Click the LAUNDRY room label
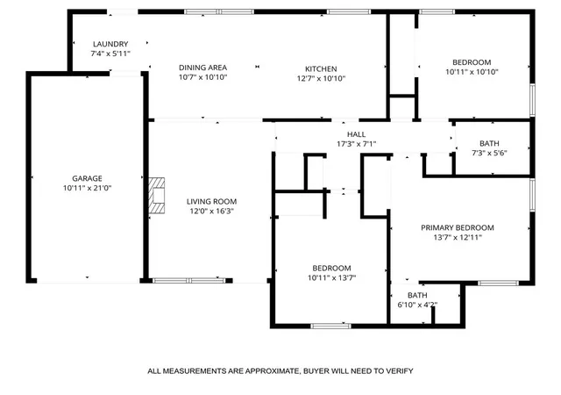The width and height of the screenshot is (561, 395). (x=110, y=44)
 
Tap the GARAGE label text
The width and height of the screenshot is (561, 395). (x=88, y=178)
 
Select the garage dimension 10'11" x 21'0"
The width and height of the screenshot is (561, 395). (x=88, y=188)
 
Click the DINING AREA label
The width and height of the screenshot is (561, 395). (x=202, y=68)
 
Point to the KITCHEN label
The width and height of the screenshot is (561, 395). (x=321, y=68)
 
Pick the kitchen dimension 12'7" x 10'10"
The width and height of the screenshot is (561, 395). (x=321, y=78)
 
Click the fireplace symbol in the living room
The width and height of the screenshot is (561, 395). (x=157, y=196)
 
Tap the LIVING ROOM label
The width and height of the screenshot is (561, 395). (x=211, y=201)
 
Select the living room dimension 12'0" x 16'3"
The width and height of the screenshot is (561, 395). (x=211, y=211)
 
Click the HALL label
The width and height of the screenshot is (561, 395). (x=357, y=134)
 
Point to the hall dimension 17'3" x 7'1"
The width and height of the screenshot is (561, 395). (x=357, y=144)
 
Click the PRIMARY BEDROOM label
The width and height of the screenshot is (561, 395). (x=458, y=227)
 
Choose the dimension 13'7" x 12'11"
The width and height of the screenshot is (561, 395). (x=458, y=237)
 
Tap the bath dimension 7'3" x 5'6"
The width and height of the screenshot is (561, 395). (x=489, y=153)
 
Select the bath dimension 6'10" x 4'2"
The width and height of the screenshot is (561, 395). (x=417, y=305)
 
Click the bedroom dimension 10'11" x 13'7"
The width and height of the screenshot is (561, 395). (x=331, y=277)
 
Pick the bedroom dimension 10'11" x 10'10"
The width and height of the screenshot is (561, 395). (x=472, y=72)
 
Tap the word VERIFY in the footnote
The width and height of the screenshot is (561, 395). (x=400, y=371)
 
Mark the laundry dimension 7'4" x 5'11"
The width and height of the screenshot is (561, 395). (x=110, y=54)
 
